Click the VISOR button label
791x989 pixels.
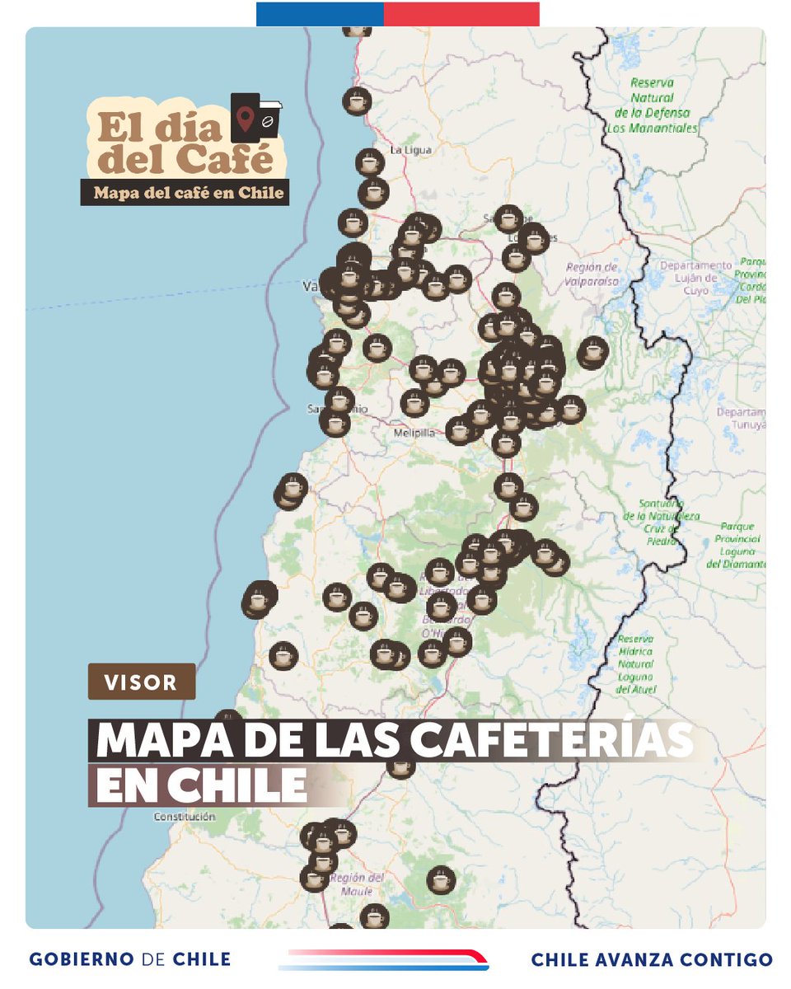(142, 682)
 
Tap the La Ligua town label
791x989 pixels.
(410, 150)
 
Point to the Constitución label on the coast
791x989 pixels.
(185, 817)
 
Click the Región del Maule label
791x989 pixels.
(357, 884)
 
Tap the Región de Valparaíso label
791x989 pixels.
(592, 274)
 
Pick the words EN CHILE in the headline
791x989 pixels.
(201, 785)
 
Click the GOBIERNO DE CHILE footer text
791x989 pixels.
(129, 959)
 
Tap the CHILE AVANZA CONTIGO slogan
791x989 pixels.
(652, 959)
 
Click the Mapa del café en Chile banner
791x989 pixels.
(185, 193)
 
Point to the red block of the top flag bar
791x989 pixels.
(461, 14)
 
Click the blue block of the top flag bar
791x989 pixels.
(320, 14)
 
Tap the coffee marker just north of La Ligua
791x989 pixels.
(357, 101)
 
